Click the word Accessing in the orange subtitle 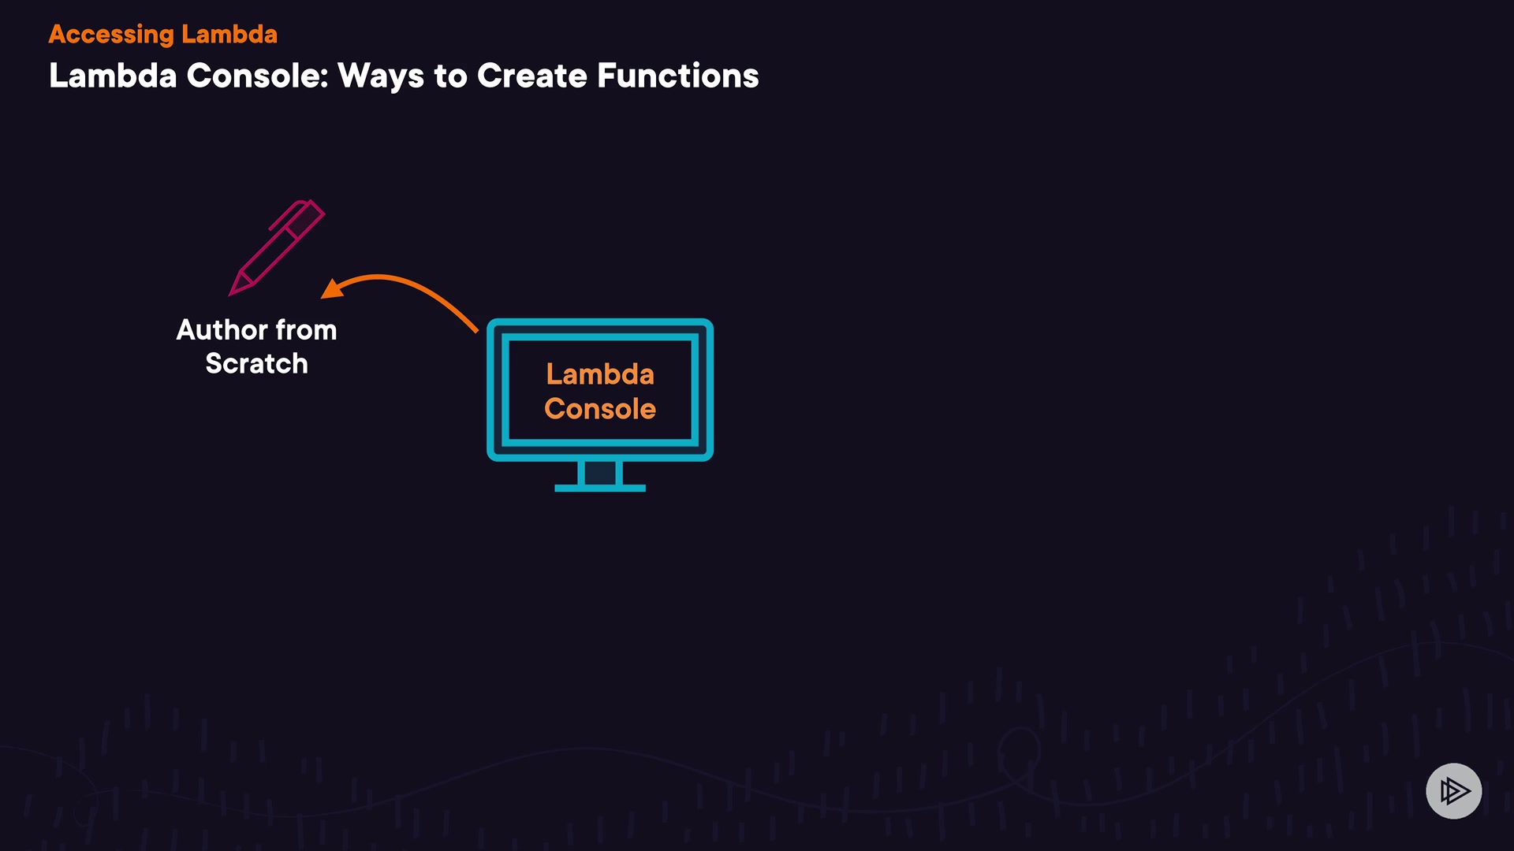(111, 35)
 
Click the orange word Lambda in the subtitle (229, 35)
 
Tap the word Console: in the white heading (257, 76)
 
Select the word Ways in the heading (381, 76)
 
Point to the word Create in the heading (531, 76)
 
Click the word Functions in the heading (677, 76)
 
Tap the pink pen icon (278, 247)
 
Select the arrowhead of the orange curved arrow (331, 289)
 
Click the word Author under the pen (222, 330)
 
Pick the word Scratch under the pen (256, 364)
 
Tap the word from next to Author (306, 330)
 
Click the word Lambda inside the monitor (600, 374)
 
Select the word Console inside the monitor (600, 409)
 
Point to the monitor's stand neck (600, 473)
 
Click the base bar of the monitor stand (600, 489)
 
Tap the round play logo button (1453, 790)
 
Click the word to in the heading (450, 76)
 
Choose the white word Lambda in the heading (113, 76)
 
